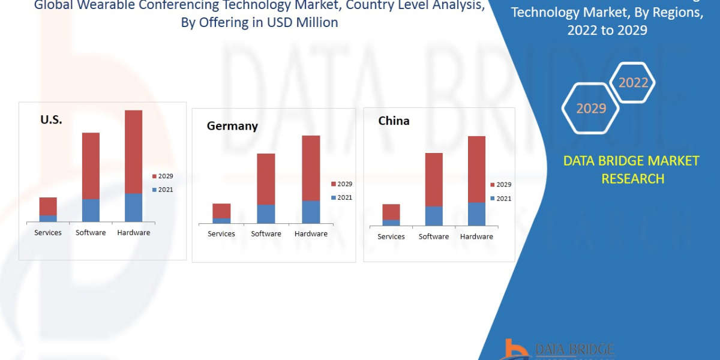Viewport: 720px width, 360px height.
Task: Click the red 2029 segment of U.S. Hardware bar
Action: point(133,152)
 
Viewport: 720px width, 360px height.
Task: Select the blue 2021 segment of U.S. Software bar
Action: point(91,210)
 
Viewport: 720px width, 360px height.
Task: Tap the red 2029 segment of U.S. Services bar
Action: point(48,206)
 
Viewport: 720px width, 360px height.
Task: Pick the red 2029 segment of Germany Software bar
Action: point(266,179)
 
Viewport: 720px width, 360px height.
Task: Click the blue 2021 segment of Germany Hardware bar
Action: point(311,212)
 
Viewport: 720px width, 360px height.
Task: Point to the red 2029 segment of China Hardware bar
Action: point(476,169)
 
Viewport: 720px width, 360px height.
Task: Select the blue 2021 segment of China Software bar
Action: point(434,216)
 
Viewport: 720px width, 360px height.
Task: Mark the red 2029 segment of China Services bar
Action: point(391,212)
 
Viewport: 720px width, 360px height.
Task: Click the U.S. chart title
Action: point(51,119)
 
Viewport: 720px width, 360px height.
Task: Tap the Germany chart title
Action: point(232,126)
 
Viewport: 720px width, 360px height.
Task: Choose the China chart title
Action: point(394,121)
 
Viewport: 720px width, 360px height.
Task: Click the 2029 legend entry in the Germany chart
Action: point(341,184)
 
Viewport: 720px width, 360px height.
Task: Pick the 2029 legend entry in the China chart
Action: point(500,185)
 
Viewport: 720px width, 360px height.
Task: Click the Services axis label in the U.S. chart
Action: point(48,233)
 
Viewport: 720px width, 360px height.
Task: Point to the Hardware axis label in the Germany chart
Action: point(311,234)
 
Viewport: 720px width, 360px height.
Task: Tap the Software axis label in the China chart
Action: point(434,237)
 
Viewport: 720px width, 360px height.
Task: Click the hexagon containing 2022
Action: point(633,83)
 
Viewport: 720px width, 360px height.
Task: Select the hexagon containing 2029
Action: point(590,109)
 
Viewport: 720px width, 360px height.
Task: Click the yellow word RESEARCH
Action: point(632,179)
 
